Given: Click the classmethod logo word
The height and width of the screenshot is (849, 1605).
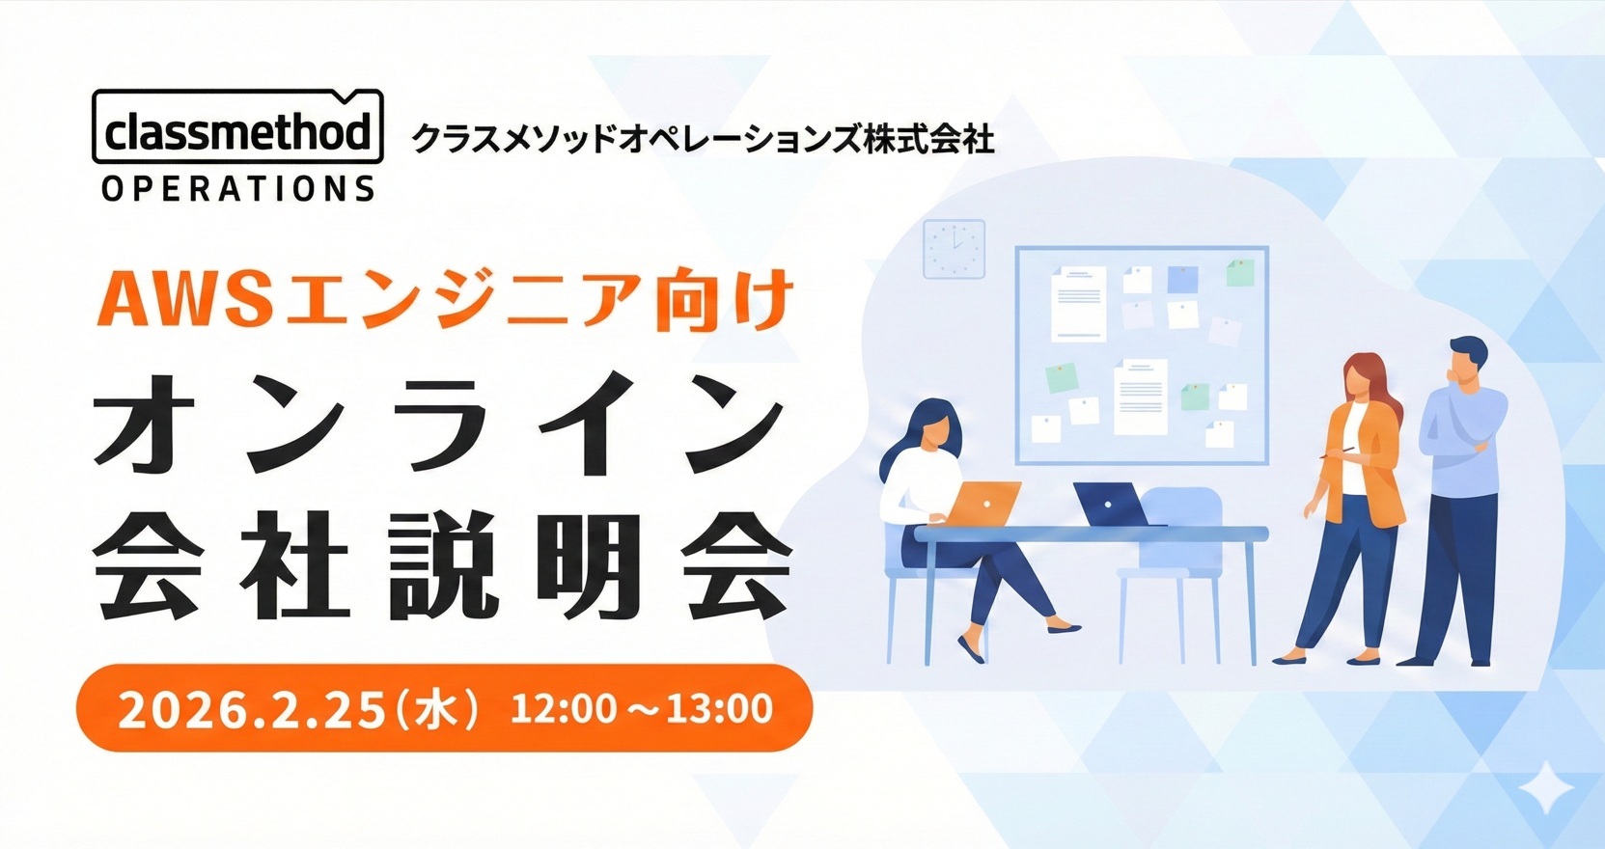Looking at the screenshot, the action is click(x=237, y=132).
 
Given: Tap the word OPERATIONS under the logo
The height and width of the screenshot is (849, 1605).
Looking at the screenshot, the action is click(x=237, y=188).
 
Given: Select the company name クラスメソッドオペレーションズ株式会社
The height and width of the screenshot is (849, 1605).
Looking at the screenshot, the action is click(x=703, y=138).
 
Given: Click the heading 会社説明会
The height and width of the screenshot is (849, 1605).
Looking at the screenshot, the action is click(x=442, y=566).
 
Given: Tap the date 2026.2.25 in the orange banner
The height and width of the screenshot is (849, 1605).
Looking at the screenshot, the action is click(x=251, y=709).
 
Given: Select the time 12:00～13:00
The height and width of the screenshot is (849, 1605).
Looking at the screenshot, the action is click(x=641, y=708).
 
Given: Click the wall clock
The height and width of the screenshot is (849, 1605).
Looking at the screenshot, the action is click(x=954, y=249).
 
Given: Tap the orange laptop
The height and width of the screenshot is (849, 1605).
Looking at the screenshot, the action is click(x=983, y=503).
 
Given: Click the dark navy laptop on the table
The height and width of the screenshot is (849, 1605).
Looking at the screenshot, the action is click(x=1112, y=505).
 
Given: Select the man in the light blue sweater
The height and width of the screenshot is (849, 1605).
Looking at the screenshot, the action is click(x=1454, y=502).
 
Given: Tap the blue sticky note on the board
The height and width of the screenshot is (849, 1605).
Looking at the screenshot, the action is click(x=1182, y=279).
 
